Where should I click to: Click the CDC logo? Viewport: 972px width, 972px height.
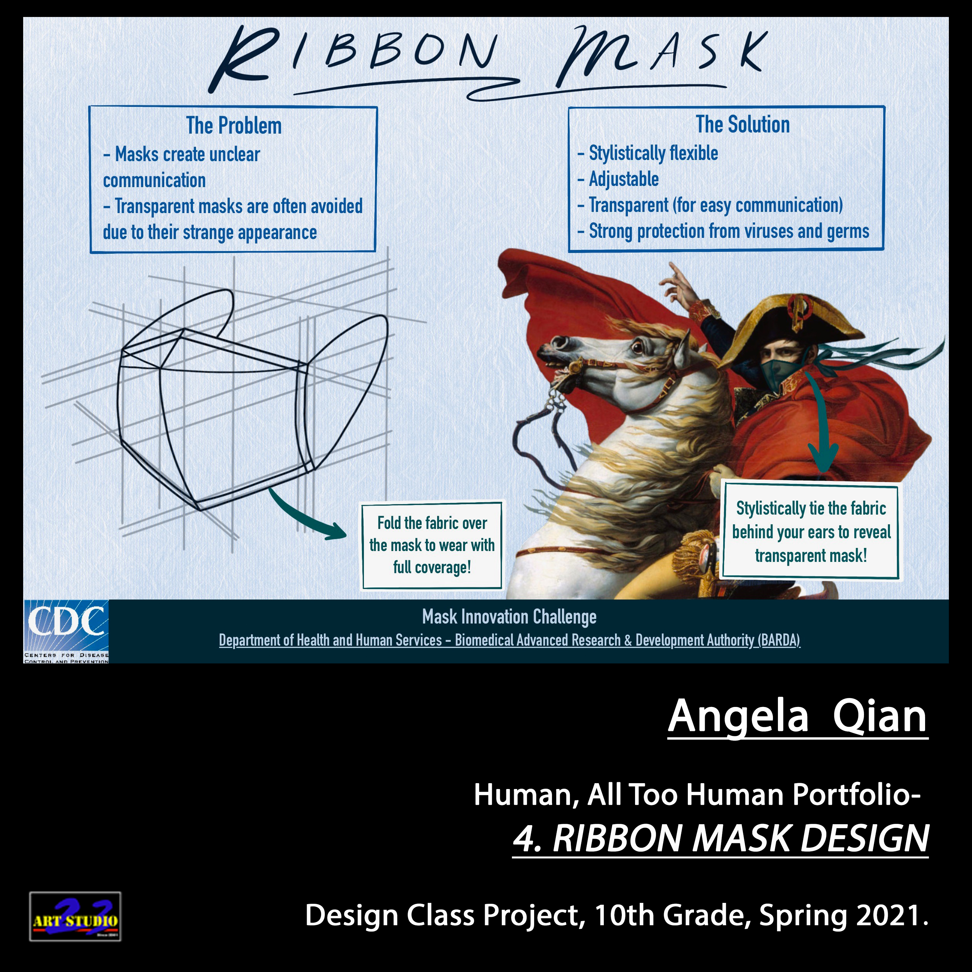[x=66, y=631]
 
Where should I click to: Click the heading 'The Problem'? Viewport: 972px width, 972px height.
[x=234, y=126]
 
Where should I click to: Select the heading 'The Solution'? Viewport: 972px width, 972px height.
[x=743, y=124]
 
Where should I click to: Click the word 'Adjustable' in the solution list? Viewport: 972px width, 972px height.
[x=624, y=179]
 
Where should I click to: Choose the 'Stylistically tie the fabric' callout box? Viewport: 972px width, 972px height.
[x=811, y=532]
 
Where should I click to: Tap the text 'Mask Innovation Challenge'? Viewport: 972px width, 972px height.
[x=509, y=617]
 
